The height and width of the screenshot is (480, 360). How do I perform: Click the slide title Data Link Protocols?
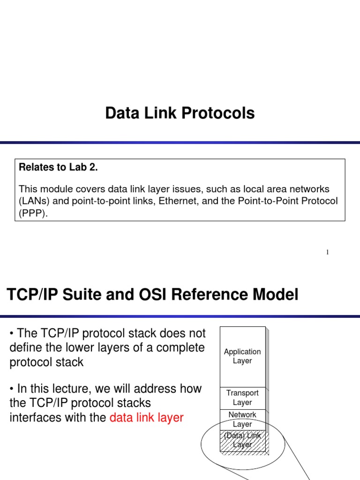[x=180, y=113]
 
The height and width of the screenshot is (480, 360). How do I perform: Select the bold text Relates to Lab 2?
[x=58, y=168]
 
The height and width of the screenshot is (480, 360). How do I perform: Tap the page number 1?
[x=328, y=253]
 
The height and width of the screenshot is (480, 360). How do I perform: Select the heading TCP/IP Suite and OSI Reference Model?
[x=152, y=295]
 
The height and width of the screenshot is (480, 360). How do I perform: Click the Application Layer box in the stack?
[x=242, y=356]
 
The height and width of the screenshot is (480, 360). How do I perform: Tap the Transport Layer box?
[x=242, y=398]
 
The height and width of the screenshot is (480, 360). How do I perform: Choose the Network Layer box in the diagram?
[x=242, y=420]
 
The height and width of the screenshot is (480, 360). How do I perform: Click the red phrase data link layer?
[x=146, y=418]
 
